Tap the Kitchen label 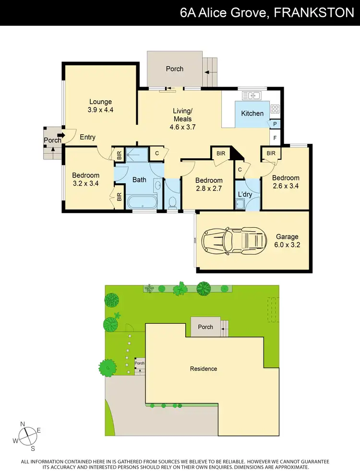pos(252,114)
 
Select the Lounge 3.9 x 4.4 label pos(100,106)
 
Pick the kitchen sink pos(252,95)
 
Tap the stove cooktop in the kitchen pos(275,109)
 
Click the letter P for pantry pos(275,124)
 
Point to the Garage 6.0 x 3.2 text pos(287,240)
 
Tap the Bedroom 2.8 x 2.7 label pos(208,185)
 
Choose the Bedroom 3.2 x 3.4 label pos(85,179)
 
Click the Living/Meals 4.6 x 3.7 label pos(182,119)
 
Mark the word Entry pos(87,137)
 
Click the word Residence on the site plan pos(204,369)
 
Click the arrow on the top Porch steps pos(207,73)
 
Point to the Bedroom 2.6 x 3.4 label pos(286,182)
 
